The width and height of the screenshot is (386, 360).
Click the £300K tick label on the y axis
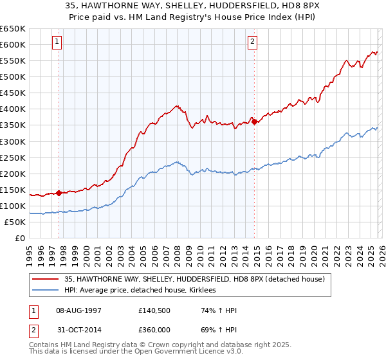13,141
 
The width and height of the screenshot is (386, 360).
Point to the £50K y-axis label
15,222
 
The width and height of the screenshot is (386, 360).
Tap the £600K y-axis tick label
13,44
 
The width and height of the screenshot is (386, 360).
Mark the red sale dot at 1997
59,192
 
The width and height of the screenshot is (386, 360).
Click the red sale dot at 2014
255,121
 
